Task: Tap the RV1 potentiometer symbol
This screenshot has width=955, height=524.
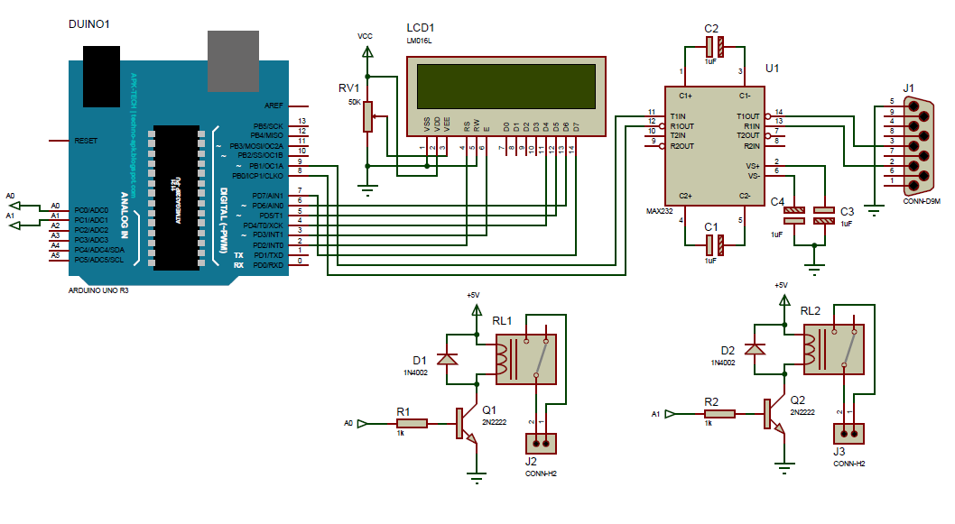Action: pyautogui.click(x=367, y=115)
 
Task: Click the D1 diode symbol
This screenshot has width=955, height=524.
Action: pyautogui.click(x=446, y=359)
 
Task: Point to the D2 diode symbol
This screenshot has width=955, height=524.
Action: pyautogui.click(x=760, y=349)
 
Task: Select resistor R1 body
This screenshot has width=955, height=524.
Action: pyautogui.click(x=411, y=423)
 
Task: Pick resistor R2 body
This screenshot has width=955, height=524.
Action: pyautogui.click(x=719, y=414)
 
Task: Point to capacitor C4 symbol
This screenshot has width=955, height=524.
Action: pyautogui.click(x=794, y=216)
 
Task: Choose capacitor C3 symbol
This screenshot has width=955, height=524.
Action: pyautogui.click(x=824, y=216)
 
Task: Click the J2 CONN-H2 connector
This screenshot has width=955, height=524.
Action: pyautogui.click(x=540, y=443)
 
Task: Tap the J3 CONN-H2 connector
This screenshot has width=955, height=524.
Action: pyautogui.click(x=848, y=434)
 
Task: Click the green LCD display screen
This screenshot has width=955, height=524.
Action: pyautogui.click(x=506, y=84)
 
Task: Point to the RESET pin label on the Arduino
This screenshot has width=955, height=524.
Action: pyautogui.click(x=86, y=142)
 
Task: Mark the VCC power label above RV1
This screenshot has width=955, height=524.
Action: pyautogui.click(x=365, y=36)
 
